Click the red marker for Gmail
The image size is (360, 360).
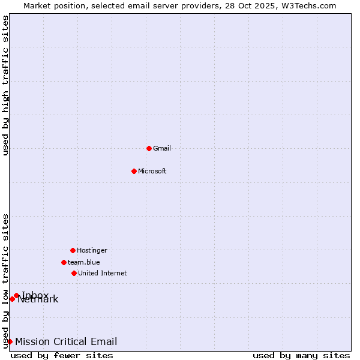tap(149, 148)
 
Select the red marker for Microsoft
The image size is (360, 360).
tap(134, 171)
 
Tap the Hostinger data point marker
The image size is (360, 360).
tap(73, 250)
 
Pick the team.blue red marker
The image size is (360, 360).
tap(64, 262)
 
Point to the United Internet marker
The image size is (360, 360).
tap(74, 273)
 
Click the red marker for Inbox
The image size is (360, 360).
tap(16, 295)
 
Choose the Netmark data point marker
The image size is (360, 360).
tap(12, 299)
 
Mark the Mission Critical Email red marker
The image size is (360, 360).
tap(10, 342)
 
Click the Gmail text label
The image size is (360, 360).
tap(162, 148)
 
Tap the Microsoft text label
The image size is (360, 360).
tap(152, 171)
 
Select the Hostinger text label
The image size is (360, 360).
tap(92, 250)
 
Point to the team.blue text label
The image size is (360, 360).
tap(84, 262)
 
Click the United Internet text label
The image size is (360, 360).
tap(103, 273)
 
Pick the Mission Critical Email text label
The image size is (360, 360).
tap(66, 342)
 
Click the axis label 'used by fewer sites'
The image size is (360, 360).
tap(62, 355)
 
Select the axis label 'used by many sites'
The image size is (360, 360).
tap(301, 355)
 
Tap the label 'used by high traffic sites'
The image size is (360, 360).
tap(5, 85)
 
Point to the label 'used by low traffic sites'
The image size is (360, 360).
tap(5, 281)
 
